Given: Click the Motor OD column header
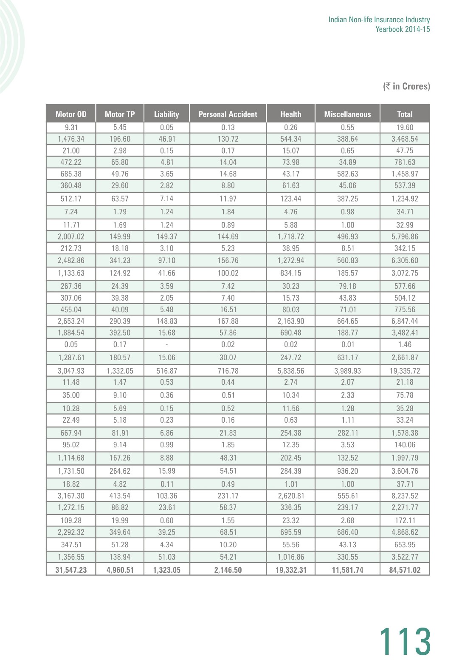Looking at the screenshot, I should coord(71,114).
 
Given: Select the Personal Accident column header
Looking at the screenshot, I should coord(228,114).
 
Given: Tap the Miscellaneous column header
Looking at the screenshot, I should coord(347,114).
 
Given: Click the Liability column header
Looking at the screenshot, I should coord(166,114).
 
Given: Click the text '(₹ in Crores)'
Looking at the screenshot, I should coord(406,86).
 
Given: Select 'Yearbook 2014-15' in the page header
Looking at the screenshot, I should coord(403,29).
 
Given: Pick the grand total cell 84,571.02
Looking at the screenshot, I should coord(405,570).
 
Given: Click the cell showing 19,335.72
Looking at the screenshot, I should coord(405,371).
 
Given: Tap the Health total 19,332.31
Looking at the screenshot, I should coord(291,570).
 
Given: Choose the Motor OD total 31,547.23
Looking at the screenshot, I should coord(71,570).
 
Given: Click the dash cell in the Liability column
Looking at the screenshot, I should coord(166,344).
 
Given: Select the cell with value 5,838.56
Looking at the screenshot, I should coord(291,371).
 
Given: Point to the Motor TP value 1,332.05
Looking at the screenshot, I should coord(120,371).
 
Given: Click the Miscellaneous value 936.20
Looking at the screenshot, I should coord(347,471).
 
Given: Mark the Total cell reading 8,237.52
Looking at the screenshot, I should coord(405,496).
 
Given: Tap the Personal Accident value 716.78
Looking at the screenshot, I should coord(228,371).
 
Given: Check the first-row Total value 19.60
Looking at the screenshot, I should coord(405,127).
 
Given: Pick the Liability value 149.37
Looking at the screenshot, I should coord(166,236).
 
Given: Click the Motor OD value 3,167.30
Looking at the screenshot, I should coord(71,496).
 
